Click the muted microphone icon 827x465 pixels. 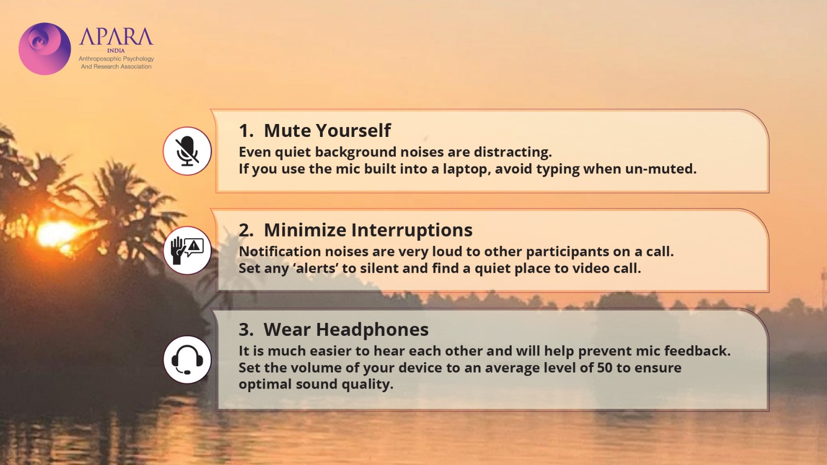click(x=187, y=151)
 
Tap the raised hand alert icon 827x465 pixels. click(x=187, y=251)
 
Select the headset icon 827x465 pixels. click(x=187, y=360)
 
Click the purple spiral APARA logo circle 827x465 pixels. click(x=44, y=49)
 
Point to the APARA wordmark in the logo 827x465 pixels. click(x=116, y=36)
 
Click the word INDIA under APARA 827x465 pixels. click(x=116, y=51)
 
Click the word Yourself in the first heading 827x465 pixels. click(x=353, y=131)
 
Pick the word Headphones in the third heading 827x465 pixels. click(x=372, y=329)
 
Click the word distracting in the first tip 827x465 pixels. click(x=513, y=152)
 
